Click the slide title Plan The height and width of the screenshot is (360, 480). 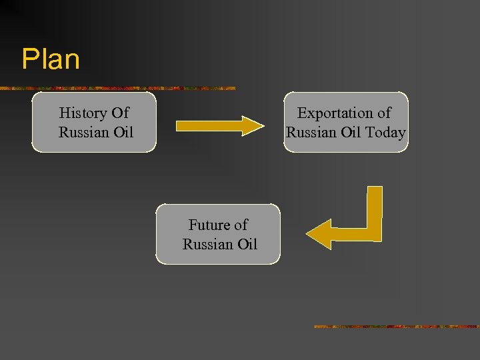(51, 59)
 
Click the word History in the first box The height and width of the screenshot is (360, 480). (81, 113)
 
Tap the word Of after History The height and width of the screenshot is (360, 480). (121, 113)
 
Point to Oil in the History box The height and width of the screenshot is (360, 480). (123, 133)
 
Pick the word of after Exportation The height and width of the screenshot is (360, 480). (384, 114)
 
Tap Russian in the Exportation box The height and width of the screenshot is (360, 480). (311, 133)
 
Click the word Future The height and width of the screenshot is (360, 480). (209, 225)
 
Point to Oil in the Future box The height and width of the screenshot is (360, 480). (247, 245)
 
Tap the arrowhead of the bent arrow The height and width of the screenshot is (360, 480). (319, 234)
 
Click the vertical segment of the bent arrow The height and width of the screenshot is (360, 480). (375, 207)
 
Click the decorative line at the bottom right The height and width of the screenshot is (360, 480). (396, 327)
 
